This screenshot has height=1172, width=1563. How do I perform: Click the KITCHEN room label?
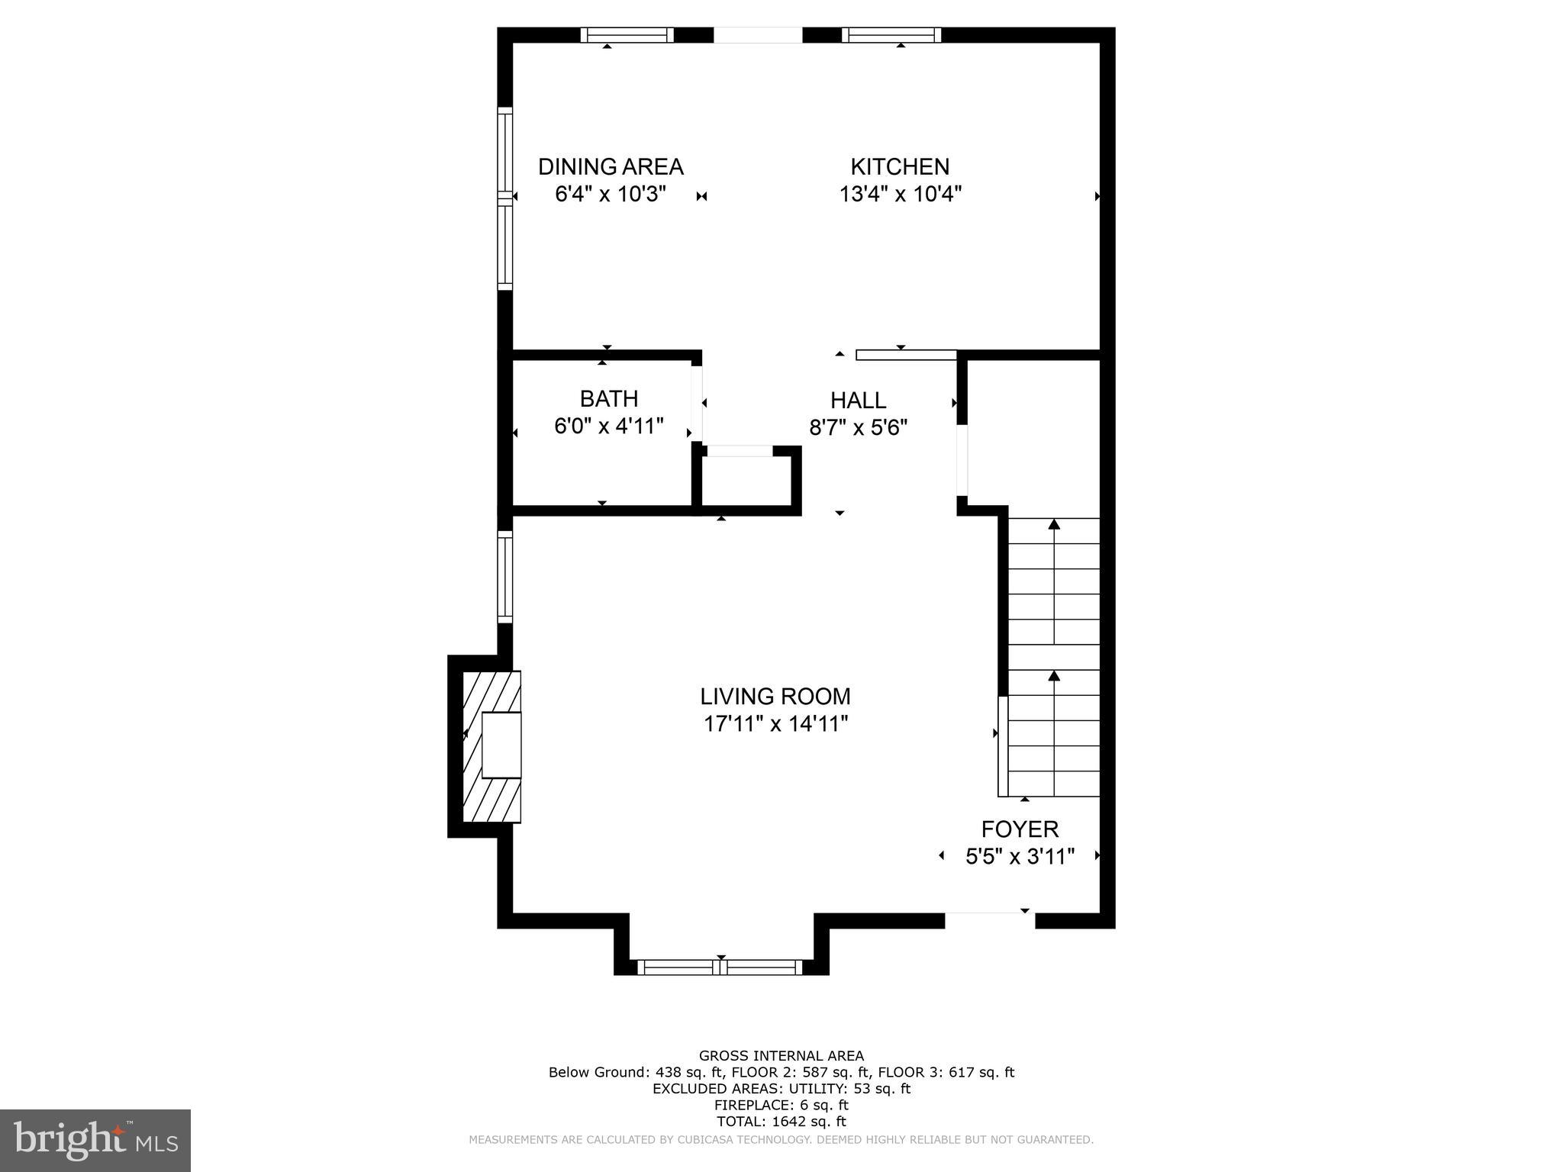coord(900,166)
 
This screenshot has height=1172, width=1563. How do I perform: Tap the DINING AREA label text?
coord(611,166)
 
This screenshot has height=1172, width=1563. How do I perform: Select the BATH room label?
coord(609,398)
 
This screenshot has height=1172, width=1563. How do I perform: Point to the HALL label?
coord(858,400)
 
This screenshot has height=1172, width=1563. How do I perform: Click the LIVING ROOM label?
coord(775,696)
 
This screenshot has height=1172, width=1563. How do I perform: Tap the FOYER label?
coord(1020,829)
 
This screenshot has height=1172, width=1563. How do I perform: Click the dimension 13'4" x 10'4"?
coord(900,194)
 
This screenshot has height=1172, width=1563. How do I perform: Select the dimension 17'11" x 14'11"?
coord(775,723)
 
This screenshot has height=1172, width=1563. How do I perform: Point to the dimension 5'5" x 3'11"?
coord(1020,857)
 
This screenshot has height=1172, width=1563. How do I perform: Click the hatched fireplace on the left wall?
coord(491,746)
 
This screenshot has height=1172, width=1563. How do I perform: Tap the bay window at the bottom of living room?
coord(720,968)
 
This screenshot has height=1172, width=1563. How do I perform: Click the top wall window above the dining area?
coord(627,35)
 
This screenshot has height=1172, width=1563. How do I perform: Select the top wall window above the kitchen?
coord(891,35)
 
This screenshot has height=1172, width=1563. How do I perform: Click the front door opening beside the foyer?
coord(990,920)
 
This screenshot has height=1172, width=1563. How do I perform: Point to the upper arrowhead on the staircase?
coord(1054,524)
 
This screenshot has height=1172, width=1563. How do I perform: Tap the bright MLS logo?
coord(95,1140)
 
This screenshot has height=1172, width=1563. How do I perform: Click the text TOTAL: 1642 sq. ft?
coord(781,1122)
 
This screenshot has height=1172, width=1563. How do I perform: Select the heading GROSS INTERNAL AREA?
coord(781,1056)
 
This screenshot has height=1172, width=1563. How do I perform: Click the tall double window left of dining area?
coord(504,198)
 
